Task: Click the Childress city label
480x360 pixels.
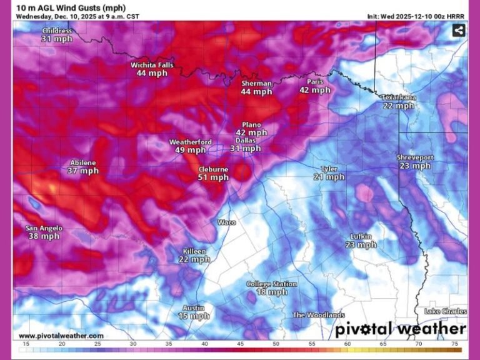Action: pos(56,30)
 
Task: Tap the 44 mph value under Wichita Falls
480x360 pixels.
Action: pos(152,73)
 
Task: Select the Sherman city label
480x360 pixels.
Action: pos(256,83)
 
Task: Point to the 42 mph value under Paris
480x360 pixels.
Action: pos(314,90)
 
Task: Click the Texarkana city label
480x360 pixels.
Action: pos(399,97)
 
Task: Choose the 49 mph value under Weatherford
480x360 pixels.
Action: pos(190,150)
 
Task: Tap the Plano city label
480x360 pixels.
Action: pos(251,124)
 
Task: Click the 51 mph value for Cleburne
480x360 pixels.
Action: pos(213,177)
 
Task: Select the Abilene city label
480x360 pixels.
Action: pos(83,162)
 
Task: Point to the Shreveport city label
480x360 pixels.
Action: pos(415,157)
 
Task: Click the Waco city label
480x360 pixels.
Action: pos(226,222)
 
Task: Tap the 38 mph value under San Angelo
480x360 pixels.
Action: pos(44,236)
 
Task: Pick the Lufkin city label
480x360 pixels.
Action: pos(361,236)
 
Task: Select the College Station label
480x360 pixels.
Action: pos(271,284)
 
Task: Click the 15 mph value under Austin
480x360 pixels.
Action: pos(194,316)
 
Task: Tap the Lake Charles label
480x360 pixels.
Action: pos(445,311)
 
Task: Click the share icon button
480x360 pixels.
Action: pos(458,30)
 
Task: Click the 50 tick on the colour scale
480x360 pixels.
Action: pos(276,344)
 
